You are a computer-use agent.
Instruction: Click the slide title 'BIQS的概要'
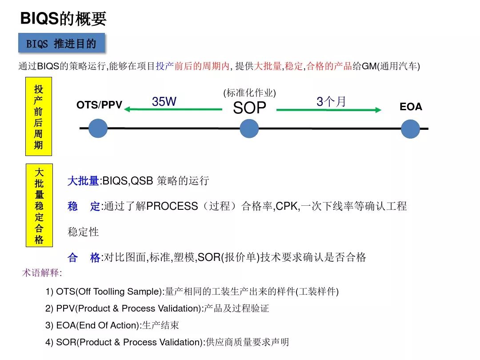pos(63,18)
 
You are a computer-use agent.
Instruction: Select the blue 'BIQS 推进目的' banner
pos(61,43)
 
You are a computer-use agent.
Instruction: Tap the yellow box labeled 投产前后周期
pos(39,116)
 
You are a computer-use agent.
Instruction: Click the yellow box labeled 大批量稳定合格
pos(39,205)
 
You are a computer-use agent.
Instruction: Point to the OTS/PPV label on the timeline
pos(99,105)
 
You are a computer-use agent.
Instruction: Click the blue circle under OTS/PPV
pos(98,128)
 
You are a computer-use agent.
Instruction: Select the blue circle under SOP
pos(249,128)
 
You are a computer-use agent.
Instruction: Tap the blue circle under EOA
pos(410,128)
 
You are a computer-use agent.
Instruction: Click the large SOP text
pos(249,108)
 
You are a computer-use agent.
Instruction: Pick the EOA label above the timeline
pos(411,107)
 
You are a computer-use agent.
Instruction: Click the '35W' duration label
pos(164,101)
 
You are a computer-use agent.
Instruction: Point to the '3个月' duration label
pos(331,101)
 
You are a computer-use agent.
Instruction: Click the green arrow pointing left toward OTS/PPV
pos(173,109)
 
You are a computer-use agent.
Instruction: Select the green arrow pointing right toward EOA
pos(329,110)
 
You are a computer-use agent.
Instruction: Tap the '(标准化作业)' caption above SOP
pos(249,92)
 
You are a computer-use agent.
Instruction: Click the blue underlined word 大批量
pos(83,180)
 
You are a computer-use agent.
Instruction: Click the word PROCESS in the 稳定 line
pos(172,206)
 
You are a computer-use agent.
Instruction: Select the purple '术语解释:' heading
pos(42,272)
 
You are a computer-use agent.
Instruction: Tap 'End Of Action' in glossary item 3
pos(108,325)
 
